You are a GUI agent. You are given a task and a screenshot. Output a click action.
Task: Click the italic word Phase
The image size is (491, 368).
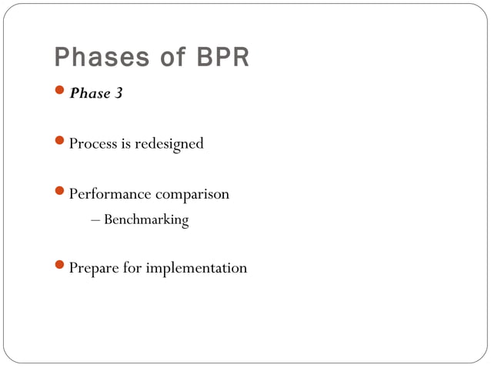click(x=88, y=94)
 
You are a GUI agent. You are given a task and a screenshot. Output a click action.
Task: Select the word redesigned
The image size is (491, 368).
click(x=169, y=144)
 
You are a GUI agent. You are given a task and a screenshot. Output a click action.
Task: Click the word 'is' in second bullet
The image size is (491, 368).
click(x=126, y=144)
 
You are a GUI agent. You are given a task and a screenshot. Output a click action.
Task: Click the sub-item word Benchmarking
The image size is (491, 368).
click(x=146, y=220)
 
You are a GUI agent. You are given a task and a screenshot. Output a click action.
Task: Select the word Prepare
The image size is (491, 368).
click(x=93, y=269)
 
